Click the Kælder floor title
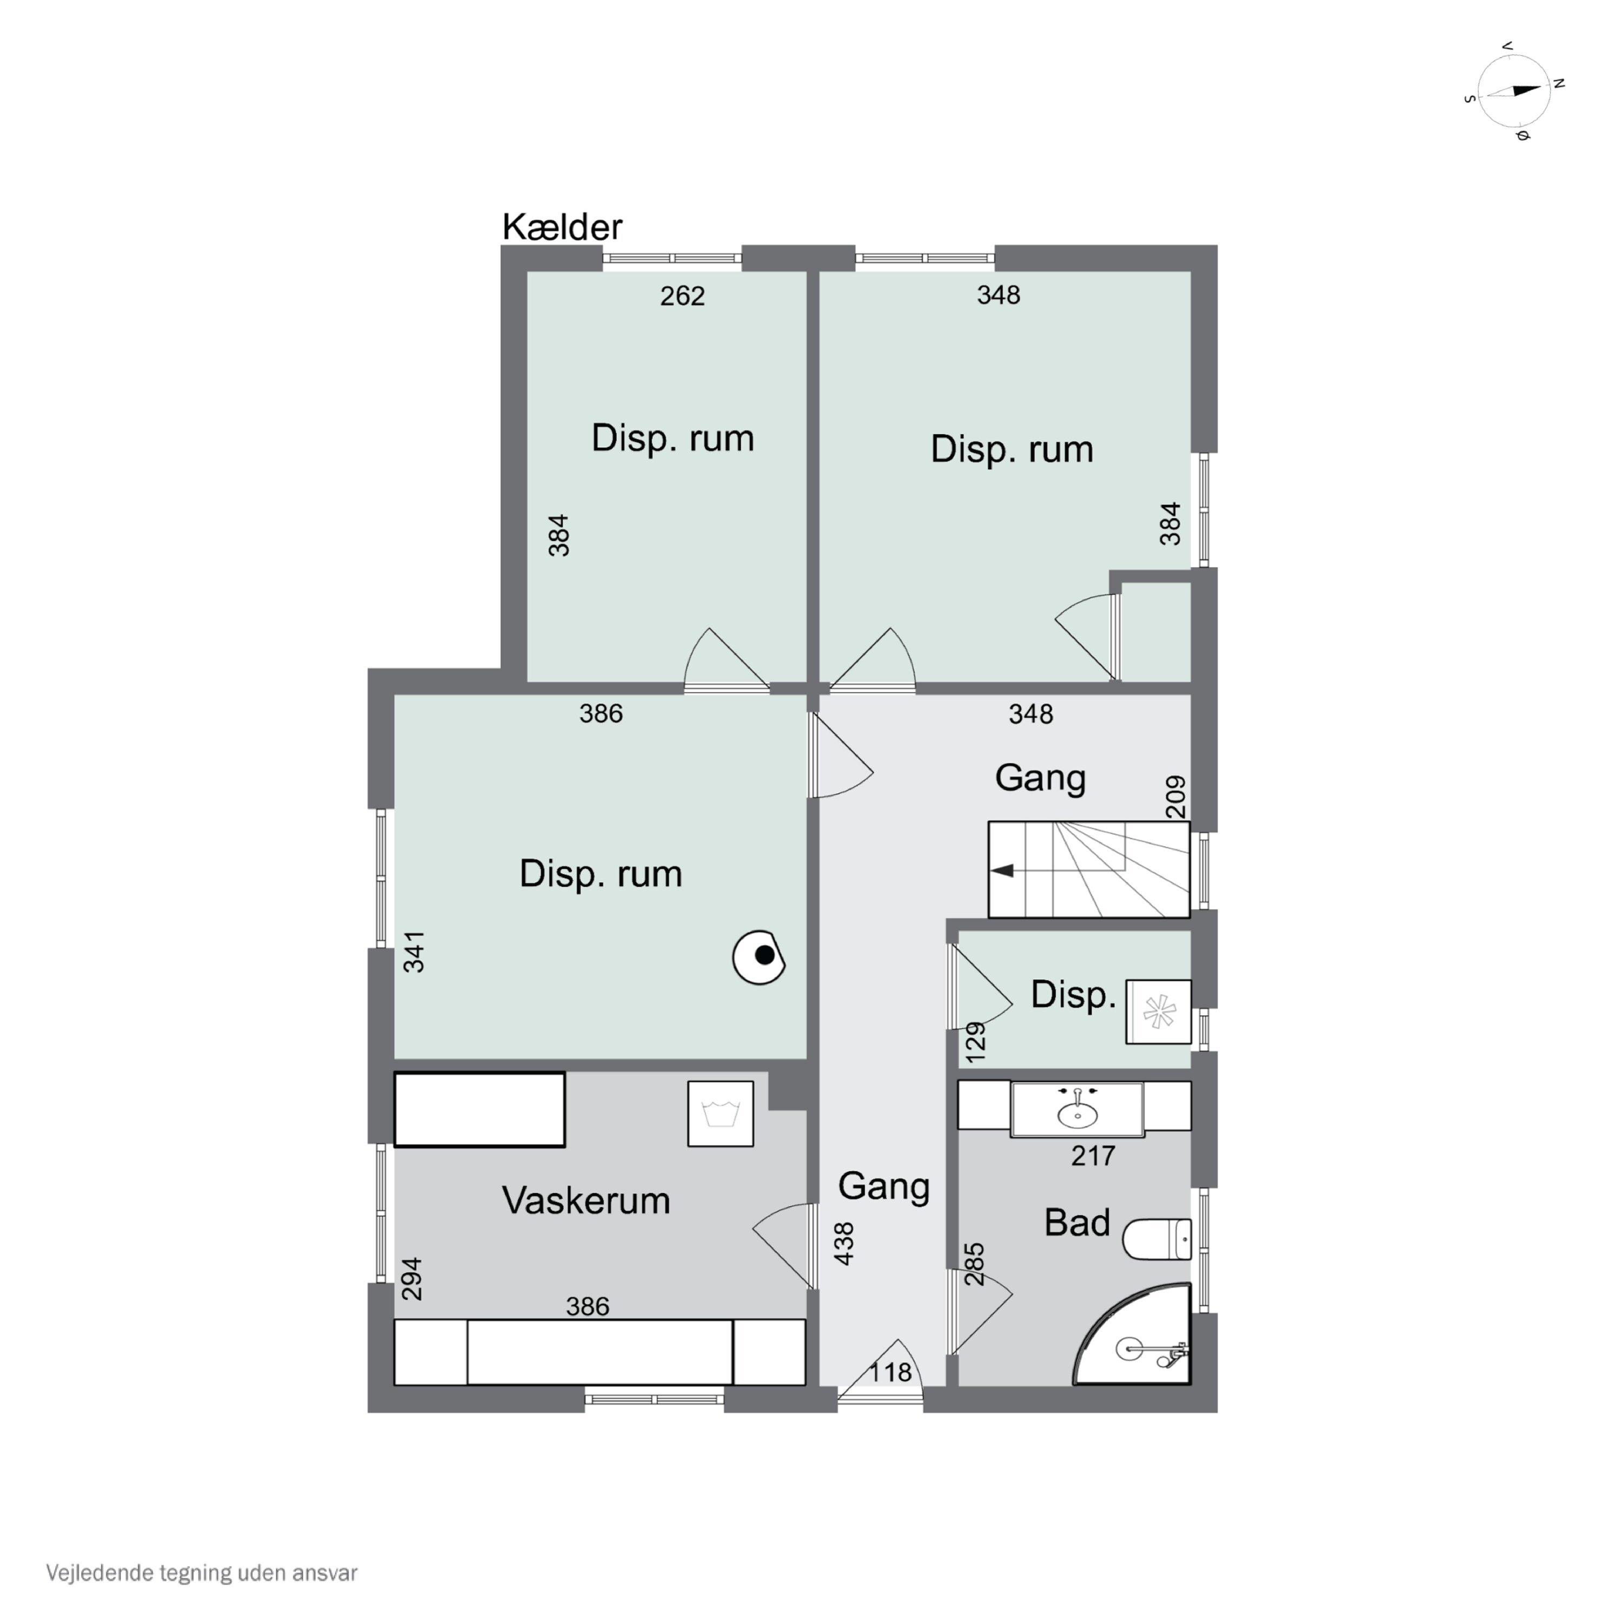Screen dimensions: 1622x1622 (562, 227)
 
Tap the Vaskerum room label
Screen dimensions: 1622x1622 (586, 1200)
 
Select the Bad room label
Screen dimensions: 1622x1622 (1077, 1222)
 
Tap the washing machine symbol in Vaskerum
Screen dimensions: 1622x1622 (720, 1113)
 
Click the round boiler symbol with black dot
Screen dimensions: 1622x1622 (759, 957)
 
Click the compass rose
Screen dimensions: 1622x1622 (1514, 91)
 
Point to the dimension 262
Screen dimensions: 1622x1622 (682, 296)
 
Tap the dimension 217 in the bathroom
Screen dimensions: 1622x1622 (1093, 1156)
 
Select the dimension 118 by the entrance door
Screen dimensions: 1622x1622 (890, 1372)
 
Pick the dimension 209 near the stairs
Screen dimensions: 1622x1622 (1176, 797)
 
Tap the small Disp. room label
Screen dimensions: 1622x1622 (1073, 996)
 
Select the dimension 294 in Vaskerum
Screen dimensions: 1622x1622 (411, 1279)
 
